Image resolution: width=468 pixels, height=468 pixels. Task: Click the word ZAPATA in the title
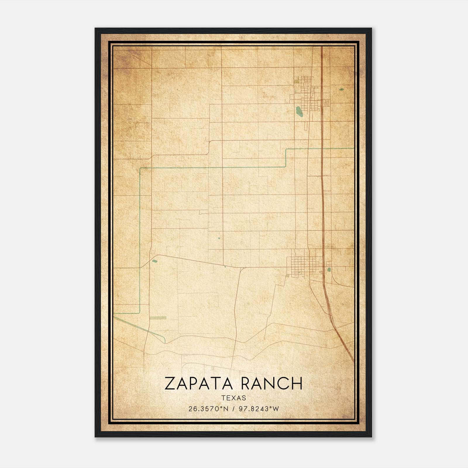[x=198, y=383]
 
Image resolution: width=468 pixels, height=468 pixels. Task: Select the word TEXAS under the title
[x=234, y=398]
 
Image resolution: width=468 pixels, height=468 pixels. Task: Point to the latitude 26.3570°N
[x=208, y=409]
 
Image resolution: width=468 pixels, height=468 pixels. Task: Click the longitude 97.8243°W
[x=259, y=409]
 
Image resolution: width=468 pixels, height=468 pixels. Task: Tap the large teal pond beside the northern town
[x=299, y=111]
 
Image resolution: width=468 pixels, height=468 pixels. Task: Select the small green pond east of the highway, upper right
[x=341, y=89]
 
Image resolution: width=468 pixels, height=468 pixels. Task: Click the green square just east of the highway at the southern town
[x=329, y=269]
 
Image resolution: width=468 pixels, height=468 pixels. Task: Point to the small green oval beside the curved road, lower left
[x=155, y=261]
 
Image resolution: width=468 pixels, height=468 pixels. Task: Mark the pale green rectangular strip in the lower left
[x=158, y=318]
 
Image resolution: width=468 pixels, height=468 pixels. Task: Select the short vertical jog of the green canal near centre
[x=286, y=158]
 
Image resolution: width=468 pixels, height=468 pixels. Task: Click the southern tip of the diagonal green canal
[x=165, y=342]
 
